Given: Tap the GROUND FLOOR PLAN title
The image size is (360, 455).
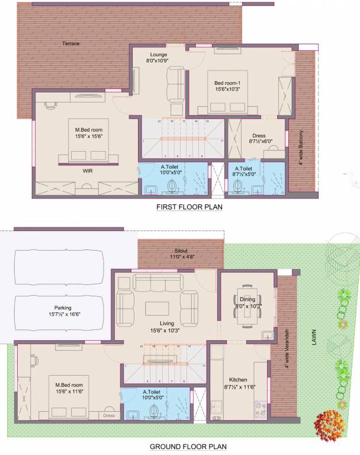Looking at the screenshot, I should tap(188, 447).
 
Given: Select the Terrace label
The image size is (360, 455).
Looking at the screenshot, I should tap(71, 44).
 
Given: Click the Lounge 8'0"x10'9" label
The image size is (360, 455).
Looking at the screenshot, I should tap(158, 57).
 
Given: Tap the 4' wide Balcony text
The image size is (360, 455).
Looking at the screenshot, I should tap(301, 148).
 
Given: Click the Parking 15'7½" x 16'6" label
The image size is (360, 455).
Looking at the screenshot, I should tap(59, 311).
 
